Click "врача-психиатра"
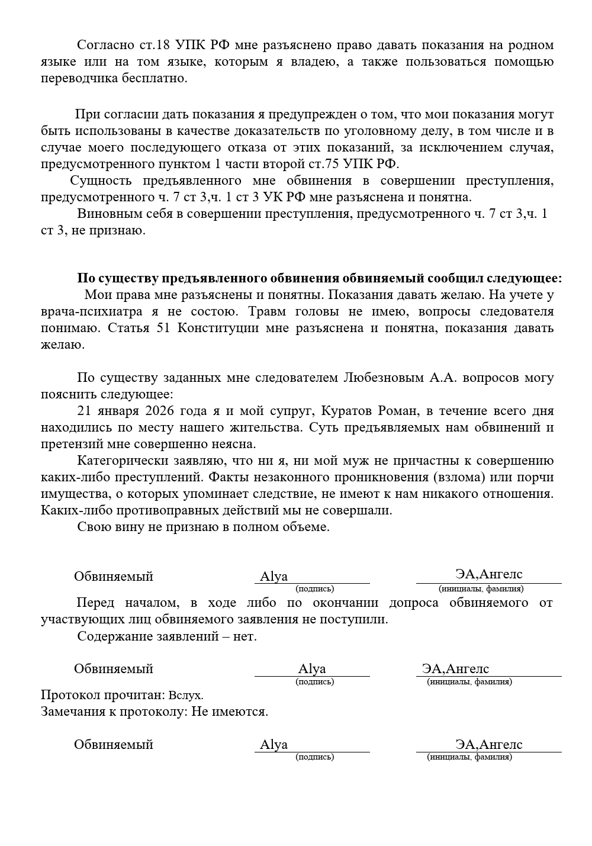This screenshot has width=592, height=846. click(86, 311)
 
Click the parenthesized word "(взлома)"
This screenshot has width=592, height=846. click(458, 477)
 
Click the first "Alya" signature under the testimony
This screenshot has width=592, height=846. click(274, 577)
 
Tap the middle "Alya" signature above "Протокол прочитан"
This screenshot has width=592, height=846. click(312, 669)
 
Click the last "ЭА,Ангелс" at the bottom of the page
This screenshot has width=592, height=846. click(488, 745)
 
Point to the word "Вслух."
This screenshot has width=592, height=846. click(185, 695)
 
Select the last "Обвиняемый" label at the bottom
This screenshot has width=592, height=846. click(113, 745)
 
